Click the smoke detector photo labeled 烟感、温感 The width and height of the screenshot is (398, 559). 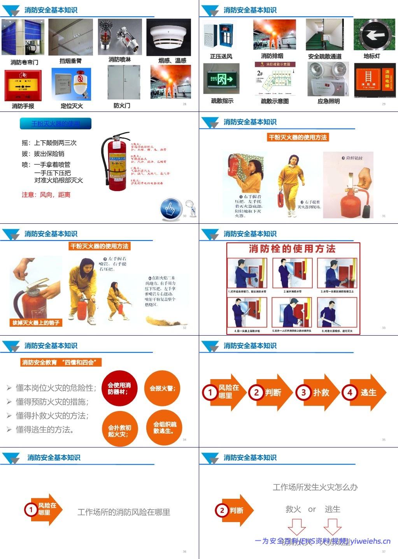(x=168, y=37)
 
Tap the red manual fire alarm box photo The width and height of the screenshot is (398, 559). (x=23, y=85)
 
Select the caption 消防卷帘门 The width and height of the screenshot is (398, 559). (x=24, y=62)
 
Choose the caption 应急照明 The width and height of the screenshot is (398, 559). (x=328, y=101)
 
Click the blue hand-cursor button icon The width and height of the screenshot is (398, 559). (x=171, y=209)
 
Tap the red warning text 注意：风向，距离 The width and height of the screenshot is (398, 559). (x=46, y=195)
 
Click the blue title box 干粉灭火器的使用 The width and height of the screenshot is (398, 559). (x=56, y=124)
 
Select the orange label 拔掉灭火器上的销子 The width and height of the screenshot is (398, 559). (x=36, y=322)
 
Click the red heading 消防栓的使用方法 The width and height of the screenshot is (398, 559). (x=292, y=249)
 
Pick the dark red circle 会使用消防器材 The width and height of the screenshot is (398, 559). (x=119, y=388)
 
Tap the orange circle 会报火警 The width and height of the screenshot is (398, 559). (x=162, y=388)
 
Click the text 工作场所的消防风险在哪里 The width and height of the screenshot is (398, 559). (x=124, y=512)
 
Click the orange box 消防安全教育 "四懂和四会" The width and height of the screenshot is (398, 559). (x=61, y=362)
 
